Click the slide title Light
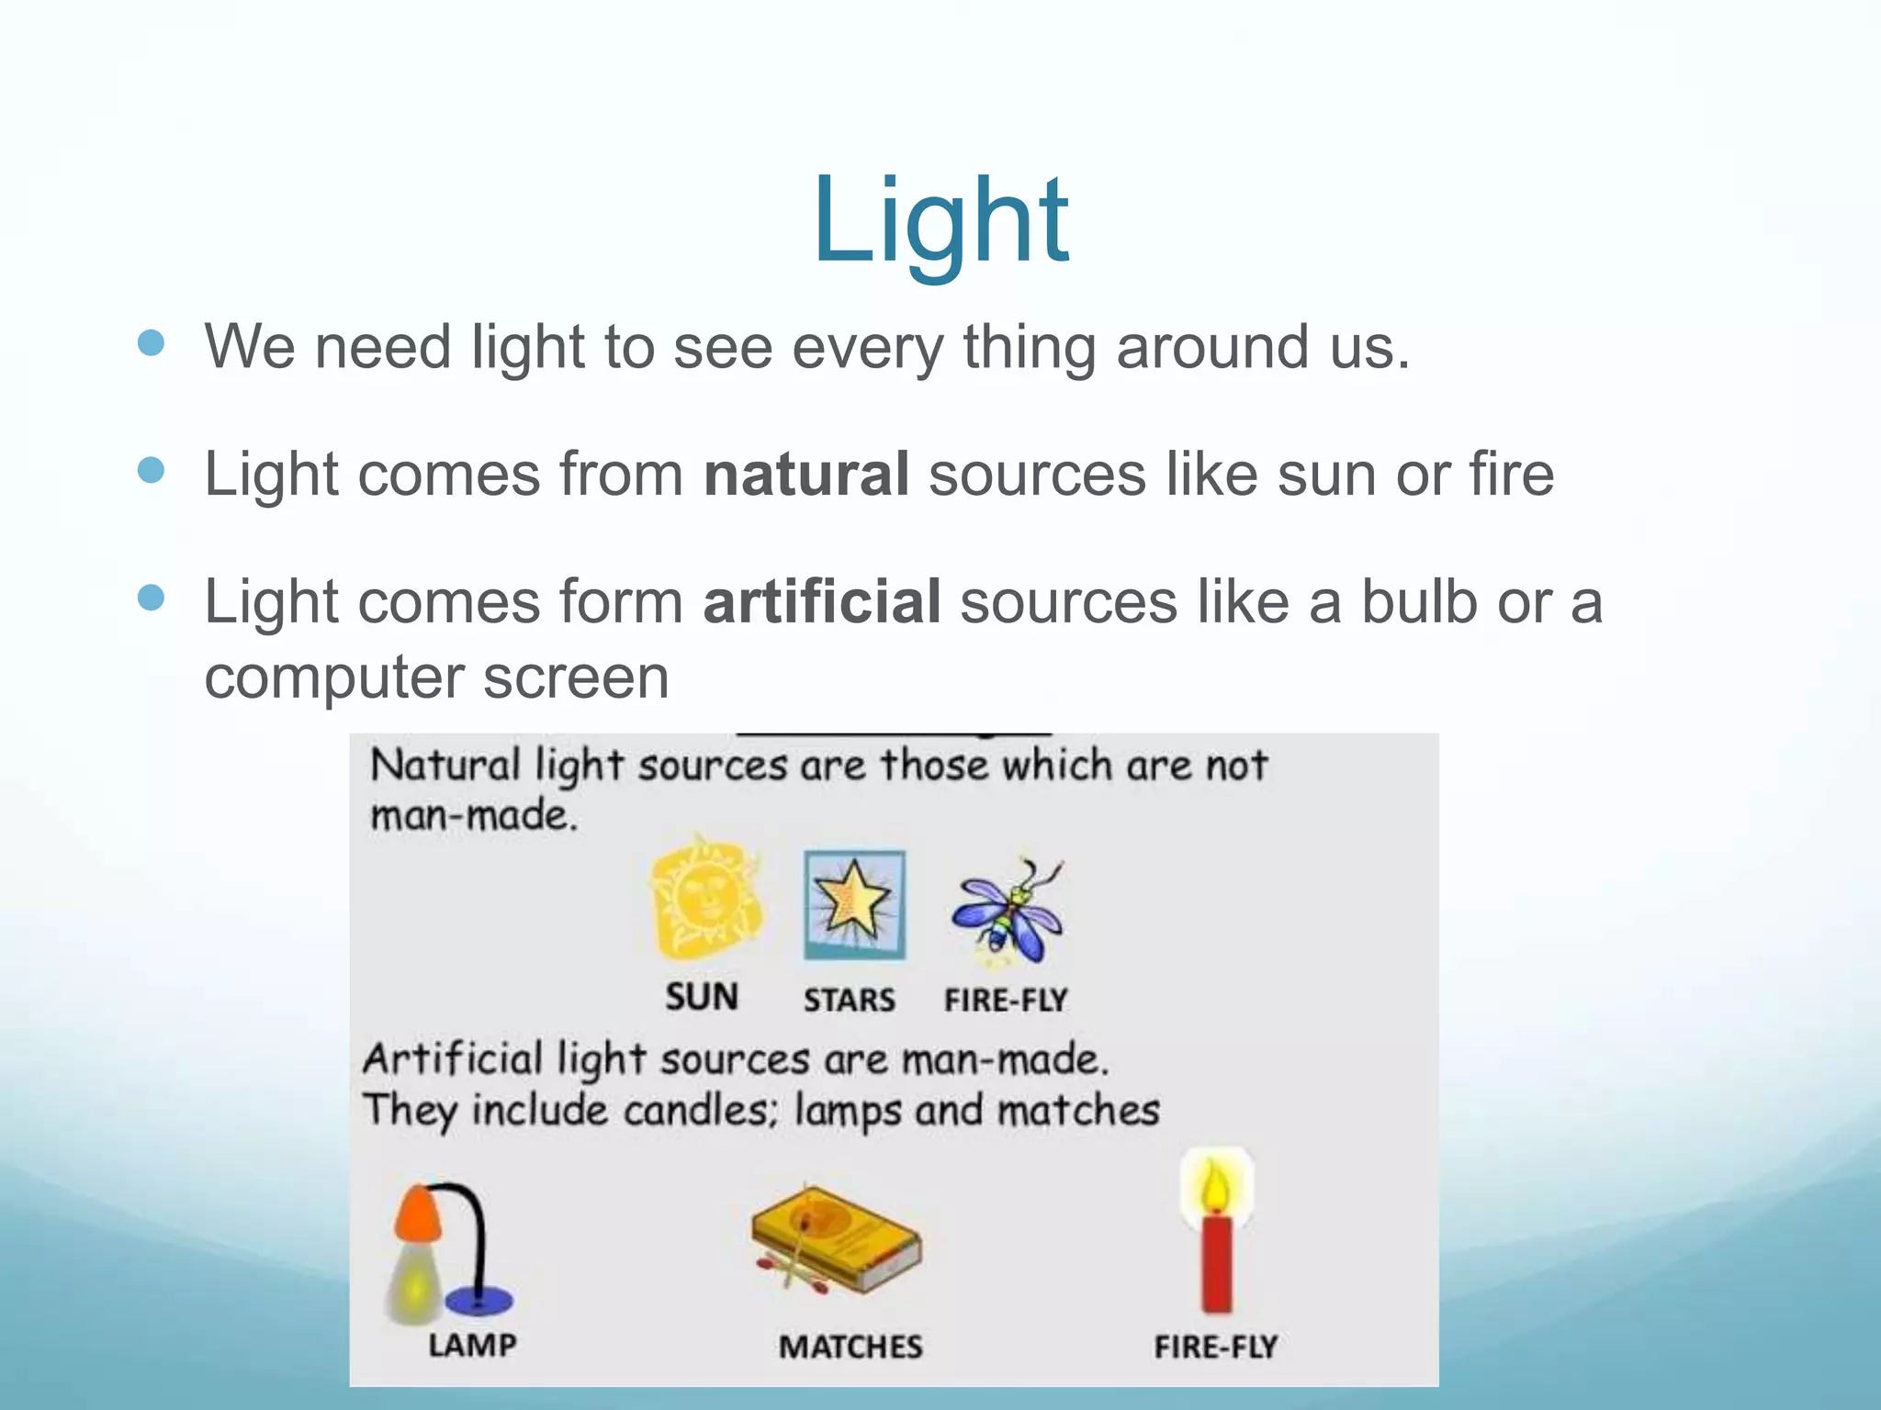pyautogui.click(x=940, y=222)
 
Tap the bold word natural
pyautogui.click(x=806, y=475)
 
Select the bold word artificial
pyautogui.click(x=821, y=602)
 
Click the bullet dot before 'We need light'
pyautogui.click(x=151, y=343)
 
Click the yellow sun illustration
pyautogui.click(x=705, y=898)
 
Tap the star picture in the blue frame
pyautogui.click(x=854, y=905)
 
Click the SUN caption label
pyautogui.click(x=702, y=997)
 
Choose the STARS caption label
pyautogui.click(x=850, y=1000)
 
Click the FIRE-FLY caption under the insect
pyautogui.click(x=1006, y=1000)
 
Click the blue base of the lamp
pyautogui.click(x=479, y=1300)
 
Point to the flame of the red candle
pyautogui.click(x=1214, y=1184)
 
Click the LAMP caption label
pyautogui.click(x=472, y=1346)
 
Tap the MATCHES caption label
pyautogui.click(x=850, y=1348)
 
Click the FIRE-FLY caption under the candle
pyautogui.click(x=1216, y=1348)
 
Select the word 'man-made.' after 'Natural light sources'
pyautogui.click(x=473, y=815)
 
